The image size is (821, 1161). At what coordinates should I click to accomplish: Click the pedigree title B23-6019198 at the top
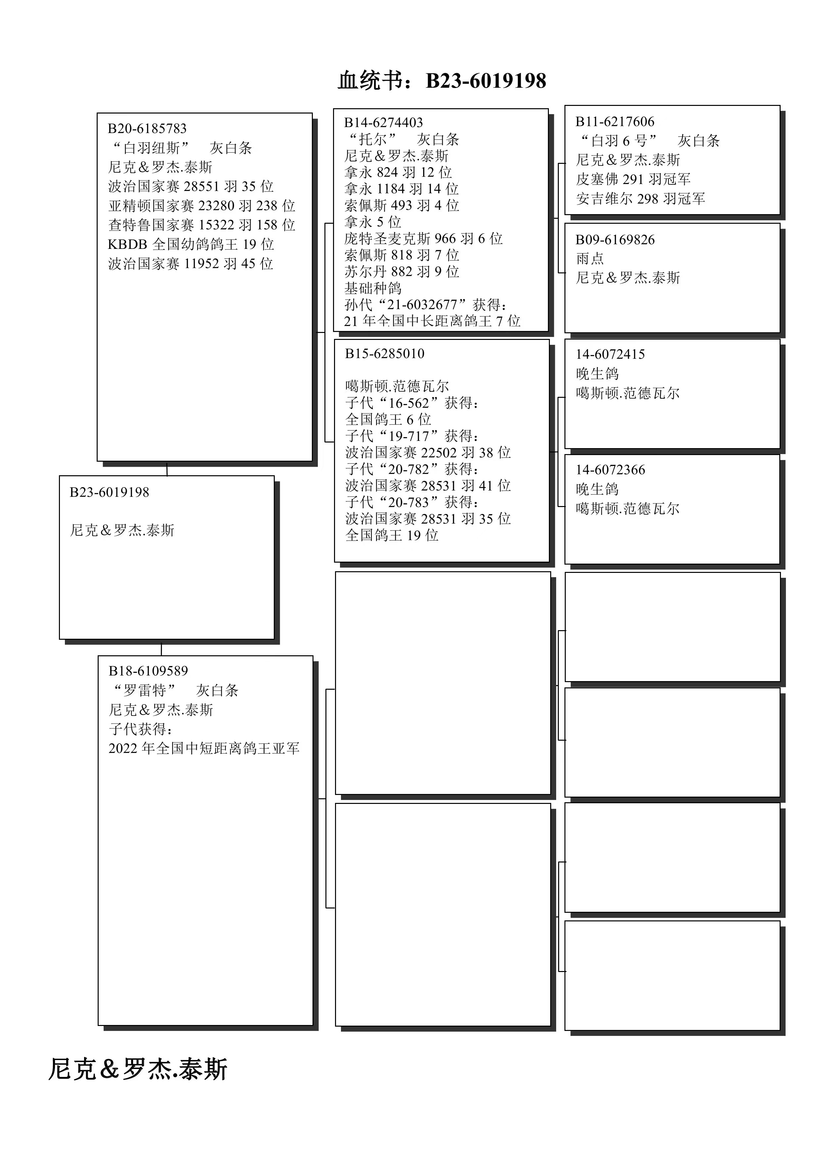[x=442, y=81]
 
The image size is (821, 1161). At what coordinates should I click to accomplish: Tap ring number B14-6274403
[x=383, y=122]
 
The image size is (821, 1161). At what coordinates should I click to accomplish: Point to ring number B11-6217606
[x=615, y=121]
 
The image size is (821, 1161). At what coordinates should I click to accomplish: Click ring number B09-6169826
[x=615, y=240]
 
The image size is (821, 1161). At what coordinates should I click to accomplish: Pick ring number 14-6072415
[x=610, y=354]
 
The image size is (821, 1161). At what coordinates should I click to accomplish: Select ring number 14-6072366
[x=610, y=470]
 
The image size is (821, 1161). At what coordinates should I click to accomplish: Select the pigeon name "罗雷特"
[x=144, y=690]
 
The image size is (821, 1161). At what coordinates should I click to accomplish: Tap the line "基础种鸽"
[x=373, y=288]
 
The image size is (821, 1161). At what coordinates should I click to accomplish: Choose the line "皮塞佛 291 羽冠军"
[x=633, y=179]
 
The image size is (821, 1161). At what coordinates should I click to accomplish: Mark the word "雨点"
[x=590, y=258]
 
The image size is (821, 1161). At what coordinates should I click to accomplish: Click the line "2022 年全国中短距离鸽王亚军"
[x=204, y=748]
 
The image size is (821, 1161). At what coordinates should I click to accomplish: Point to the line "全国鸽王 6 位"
[x=388, y=419]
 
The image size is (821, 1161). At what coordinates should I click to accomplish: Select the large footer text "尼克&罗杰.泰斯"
[x=138, y=1069]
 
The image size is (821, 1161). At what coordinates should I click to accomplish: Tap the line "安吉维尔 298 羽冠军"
[x=640, y=199]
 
